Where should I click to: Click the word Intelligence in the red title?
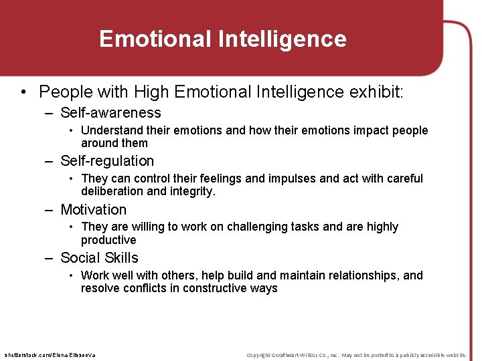[282, 39]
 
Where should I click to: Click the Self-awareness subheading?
[110, 113]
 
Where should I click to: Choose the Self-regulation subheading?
[107, 161]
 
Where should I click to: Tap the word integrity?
[192, 191]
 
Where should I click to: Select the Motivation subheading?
[93, 210]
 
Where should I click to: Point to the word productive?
[108, 240]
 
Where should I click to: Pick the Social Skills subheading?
[99, 258]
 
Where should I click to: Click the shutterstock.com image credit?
[50, 354]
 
